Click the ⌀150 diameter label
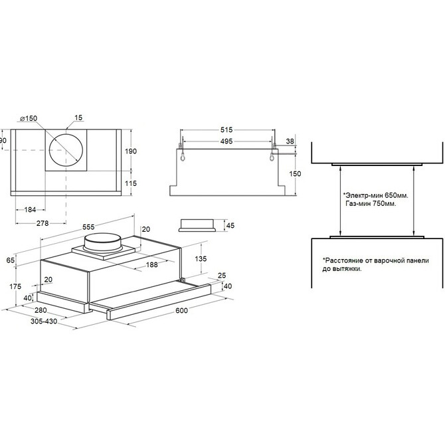click(x=29, y=118)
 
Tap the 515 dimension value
click(x=226, y=130)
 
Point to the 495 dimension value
click(x=226, y=141)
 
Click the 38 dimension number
click(x=290, y=141)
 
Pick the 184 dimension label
click(x=30, y=210)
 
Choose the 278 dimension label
click(x=43, y=223)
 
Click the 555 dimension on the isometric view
click(x=88, y=227)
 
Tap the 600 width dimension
click(x=181, y=310)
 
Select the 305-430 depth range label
click(x=44, y=321)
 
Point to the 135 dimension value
click(x=201, y=258)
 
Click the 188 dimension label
click(x=152, y=264)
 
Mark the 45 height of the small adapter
click(x=230, y=225)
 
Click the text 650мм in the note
click(x=397, y=195)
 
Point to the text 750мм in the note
click(x=385, y=203)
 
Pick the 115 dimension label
click(x=131, y=183)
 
